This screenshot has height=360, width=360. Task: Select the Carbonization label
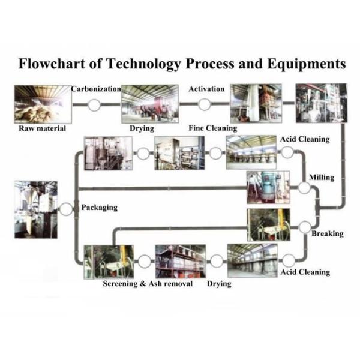(x=96, y=89)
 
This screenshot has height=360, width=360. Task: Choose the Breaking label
(x=327, y=233)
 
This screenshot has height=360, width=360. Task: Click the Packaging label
(x=98, y=208)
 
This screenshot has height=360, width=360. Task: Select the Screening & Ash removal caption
(x=147, y=283)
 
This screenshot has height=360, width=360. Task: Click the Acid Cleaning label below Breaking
(x=305, y=272)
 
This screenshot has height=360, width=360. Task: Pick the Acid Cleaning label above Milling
(x=305, y=139)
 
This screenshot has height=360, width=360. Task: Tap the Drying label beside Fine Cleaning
(x=142, y=128)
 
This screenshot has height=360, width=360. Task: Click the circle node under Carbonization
(x=94, y=104)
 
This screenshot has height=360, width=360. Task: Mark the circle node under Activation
(x=205, y=104)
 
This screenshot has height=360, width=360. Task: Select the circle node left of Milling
(x=305, y=188)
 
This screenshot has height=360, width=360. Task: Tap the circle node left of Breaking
(x=304, y=227)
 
